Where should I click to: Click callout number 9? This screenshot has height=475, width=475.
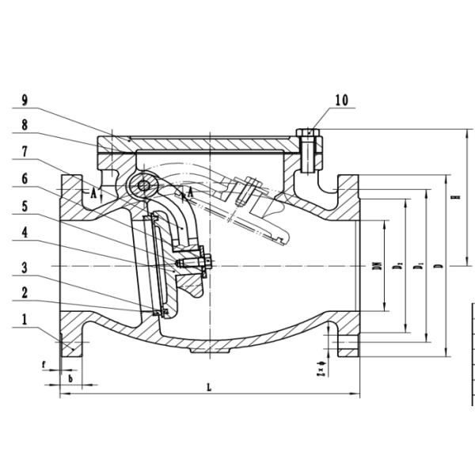pos(25,101)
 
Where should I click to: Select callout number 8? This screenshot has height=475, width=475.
pos(25,124)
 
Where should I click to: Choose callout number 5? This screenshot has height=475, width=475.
pos(25,206)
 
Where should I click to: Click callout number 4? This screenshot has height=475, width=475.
pos(25,234)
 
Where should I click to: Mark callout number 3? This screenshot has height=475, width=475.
pos(25,267)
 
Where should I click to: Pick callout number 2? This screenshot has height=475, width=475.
pos(25,293)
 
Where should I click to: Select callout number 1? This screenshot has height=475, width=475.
pos(25,321)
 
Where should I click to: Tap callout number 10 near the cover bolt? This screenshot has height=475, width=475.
pos(341,101)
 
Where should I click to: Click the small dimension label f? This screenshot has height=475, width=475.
pos(45,366)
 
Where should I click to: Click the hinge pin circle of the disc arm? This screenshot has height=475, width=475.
pos(143,187)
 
